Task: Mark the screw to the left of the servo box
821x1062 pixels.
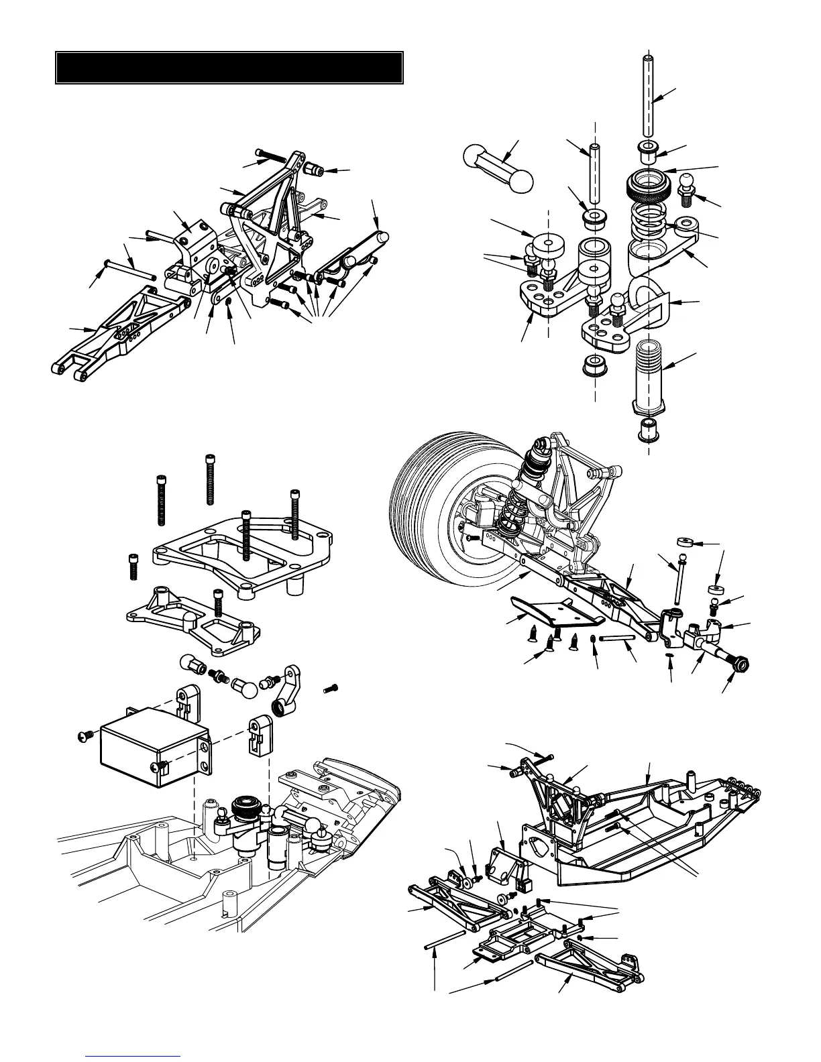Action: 83,736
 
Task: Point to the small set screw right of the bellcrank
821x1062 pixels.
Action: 331,688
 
